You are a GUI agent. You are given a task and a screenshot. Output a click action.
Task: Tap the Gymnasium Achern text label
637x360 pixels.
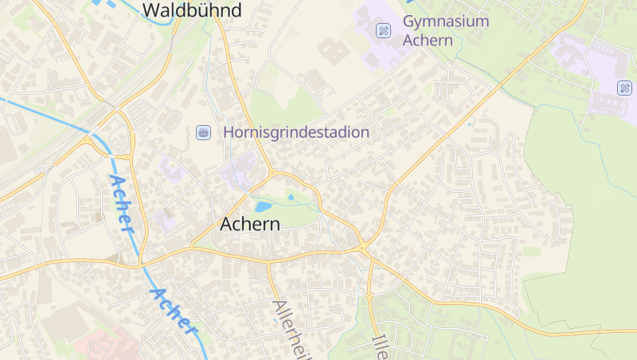pos(445,30)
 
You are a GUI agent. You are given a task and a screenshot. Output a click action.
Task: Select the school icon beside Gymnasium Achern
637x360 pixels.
pos(383,30)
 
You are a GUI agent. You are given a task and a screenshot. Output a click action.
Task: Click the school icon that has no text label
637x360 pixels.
pos(624,88)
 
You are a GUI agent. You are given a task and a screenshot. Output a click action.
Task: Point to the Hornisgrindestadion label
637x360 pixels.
pos(296,132)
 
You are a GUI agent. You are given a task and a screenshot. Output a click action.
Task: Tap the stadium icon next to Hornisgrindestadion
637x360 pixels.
pos(203,131)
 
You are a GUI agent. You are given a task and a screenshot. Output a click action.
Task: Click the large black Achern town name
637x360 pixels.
pos(249,224)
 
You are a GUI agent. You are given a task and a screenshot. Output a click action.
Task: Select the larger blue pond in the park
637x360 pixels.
pos(264,206)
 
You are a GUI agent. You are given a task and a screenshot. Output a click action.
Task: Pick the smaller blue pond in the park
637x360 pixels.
pos(291,196)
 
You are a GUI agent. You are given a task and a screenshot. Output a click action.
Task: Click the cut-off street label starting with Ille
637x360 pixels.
pos(379,343)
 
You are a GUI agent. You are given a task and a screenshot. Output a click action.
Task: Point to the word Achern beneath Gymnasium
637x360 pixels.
pos(428,40)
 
